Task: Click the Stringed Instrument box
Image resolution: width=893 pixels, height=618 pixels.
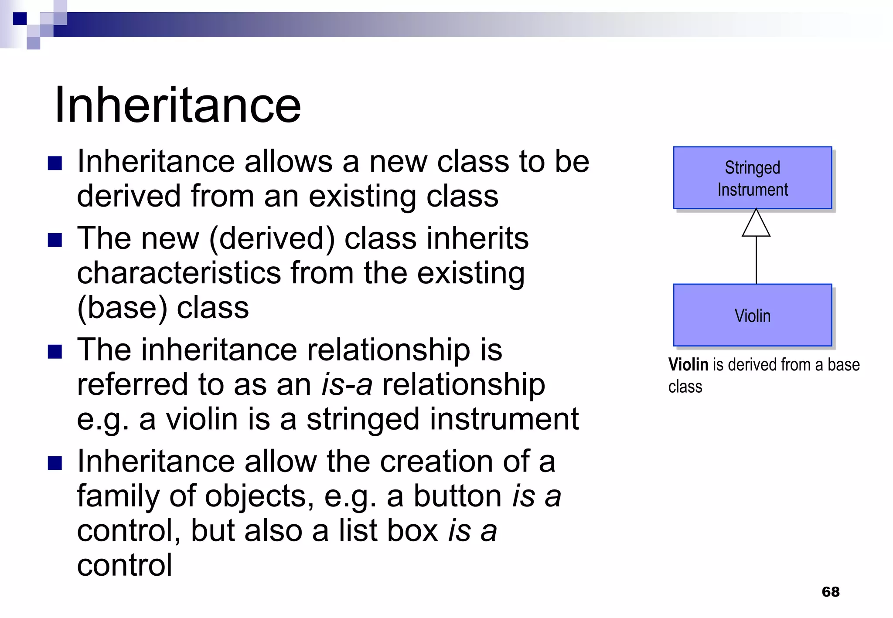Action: pos(752,178)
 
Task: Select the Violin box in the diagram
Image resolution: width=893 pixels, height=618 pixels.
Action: pos(752,316)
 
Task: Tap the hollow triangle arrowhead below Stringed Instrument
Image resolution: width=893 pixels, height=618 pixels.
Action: pos(756,224)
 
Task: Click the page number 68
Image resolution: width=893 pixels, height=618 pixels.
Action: pos(830,591)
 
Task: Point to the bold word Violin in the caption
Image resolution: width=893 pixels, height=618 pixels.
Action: pos(688,364)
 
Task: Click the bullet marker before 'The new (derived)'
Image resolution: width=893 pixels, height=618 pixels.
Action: pos(55,240)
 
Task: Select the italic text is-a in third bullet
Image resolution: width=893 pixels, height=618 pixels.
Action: pos(347,385)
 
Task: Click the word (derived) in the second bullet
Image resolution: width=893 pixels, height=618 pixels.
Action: pos(272,239)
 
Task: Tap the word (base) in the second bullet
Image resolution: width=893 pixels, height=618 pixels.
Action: pos(122,308)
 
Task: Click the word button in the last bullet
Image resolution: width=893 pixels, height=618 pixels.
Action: pos(457,496)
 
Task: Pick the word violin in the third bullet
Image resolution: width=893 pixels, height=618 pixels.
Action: pos(202,419)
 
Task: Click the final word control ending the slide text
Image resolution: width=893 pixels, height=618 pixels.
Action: pos(125,565)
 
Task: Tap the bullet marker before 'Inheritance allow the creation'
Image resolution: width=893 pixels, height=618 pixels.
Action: pos(55,463)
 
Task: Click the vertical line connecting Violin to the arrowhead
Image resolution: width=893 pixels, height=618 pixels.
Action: pos(756,260)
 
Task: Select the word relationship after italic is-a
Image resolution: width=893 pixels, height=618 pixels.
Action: pos(463,385)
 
